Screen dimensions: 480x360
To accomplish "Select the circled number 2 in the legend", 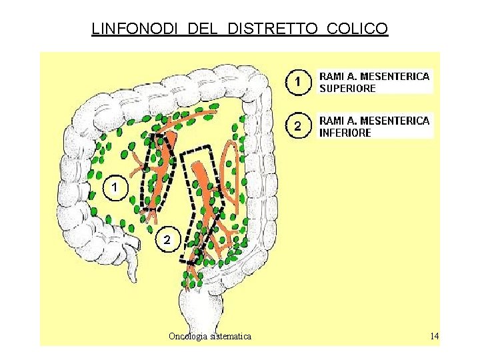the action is (x=298, y=125).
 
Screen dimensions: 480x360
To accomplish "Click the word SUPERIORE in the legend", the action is (x=347, y=88).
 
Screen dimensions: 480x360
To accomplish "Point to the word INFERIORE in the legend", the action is (x=345, y=133).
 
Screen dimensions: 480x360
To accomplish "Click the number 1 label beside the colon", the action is (x=115, y=188).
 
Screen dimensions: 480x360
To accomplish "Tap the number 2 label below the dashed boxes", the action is (x=167, y=239).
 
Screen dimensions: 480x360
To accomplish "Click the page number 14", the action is (x=434, y=336).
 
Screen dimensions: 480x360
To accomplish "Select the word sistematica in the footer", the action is (x=231, y=336).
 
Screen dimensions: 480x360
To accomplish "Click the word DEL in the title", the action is (x=207, y=29).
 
